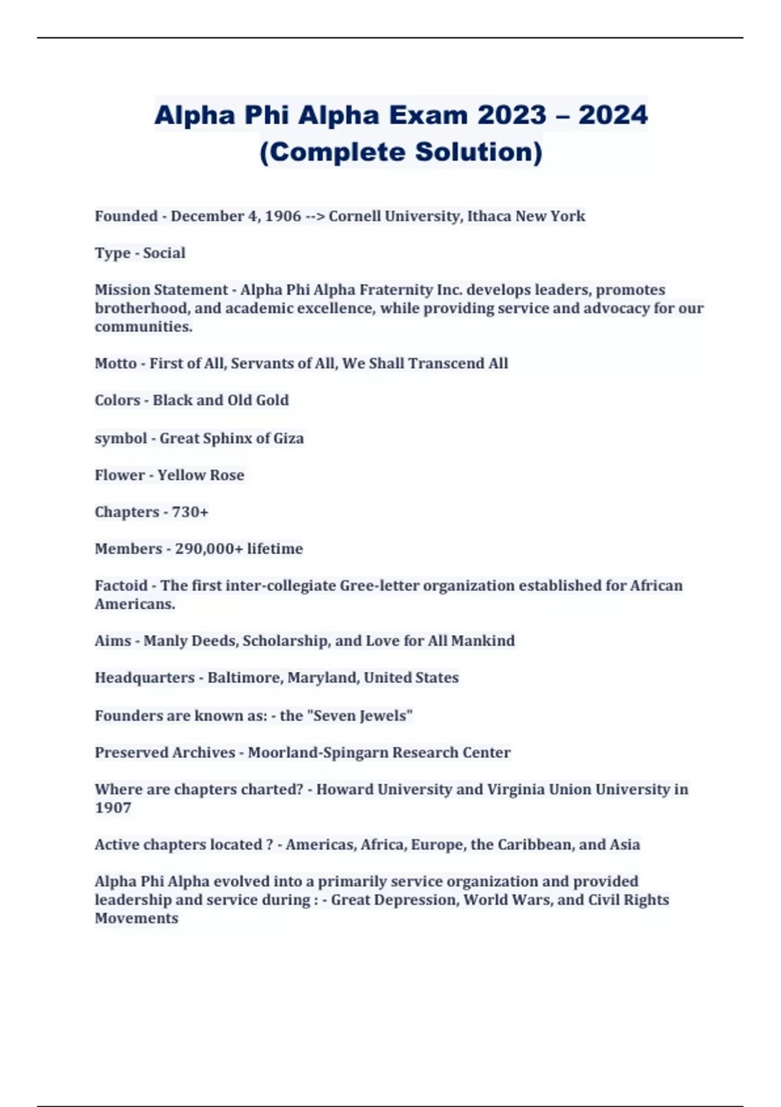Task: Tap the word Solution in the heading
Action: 478,152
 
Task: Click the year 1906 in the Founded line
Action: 283,216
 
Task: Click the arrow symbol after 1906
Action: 315,216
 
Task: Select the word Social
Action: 164,253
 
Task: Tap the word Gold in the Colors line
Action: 272,400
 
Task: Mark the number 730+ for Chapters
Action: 190,512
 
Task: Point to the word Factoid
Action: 121,585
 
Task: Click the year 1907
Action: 113,807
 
